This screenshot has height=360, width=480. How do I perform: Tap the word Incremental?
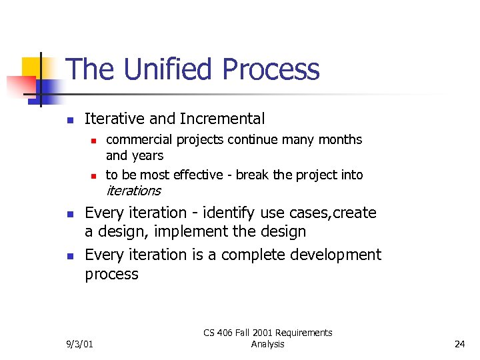(222, 119)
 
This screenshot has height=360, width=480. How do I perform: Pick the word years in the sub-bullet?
(147, 156)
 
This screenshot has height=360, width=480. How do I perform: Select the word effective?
(197, 175)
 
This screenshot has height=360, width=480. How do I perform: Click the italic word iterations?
(133, 191)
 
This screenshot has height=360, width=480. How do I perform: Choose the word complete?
(253, 255)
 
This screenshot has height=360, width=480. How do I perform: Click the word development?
(337, 255)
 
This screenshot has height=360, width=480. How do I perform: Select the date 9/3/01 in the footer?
(79, 344)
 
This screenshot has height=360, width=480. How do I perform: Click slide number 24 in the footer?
(459, 344)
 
